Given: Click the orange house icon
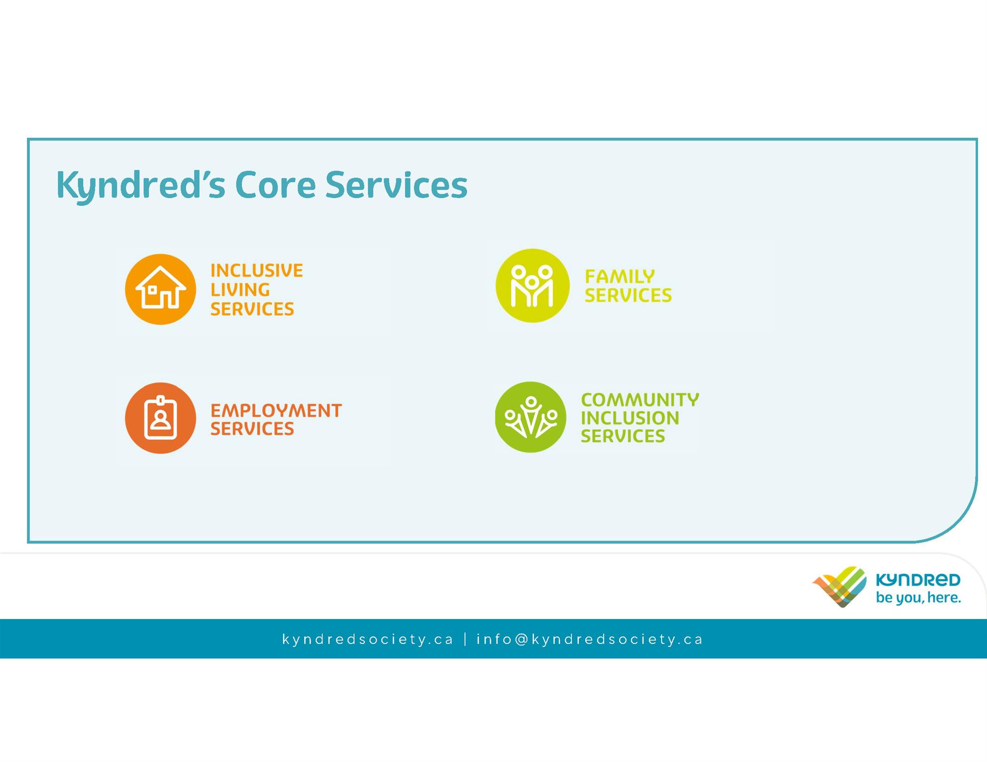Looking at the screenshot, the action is point(160,289).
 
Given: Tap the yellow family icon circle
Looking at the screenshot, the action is point(532,285).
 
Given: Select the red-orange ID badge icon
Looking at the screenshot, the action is point(160,418).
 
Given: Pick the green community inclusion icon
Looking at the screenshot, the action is point(530,417).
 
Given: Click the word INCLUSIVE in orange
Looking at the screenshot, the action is point(257,270).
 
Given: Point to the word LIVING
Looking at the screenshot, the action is point(240,290).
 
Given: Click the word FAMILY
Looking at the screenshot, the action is point(620,276).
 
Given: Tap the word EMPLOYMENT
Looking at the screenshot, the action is point(276,411).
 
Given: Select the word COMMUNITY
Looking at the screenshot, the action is point(640,399).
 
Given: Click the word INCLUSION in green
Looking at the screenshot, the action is point(630,418).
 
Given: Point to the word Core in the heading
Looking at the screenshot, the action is point(275,185).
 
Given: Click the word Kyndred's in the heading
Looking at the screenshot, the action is point(141,185).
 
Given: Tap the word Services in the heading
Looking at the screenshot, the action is point(396,185).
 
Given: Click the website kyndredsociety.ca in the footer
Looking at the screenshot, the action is point(368,639).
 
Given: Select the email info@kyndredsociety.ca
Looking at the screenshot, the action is point(590,639).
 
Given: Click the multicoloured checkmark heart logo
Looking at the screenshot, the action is point(839,587).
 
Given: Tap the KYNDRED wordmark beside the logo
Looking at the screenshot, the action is point(918,580).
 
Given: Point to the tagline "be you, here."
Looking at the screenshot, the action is point(918,598).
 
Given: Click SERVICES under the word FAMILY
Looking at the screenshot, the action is point(628,295).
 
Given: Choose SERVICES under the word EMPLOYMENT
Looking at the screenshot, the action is point(252,429).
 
